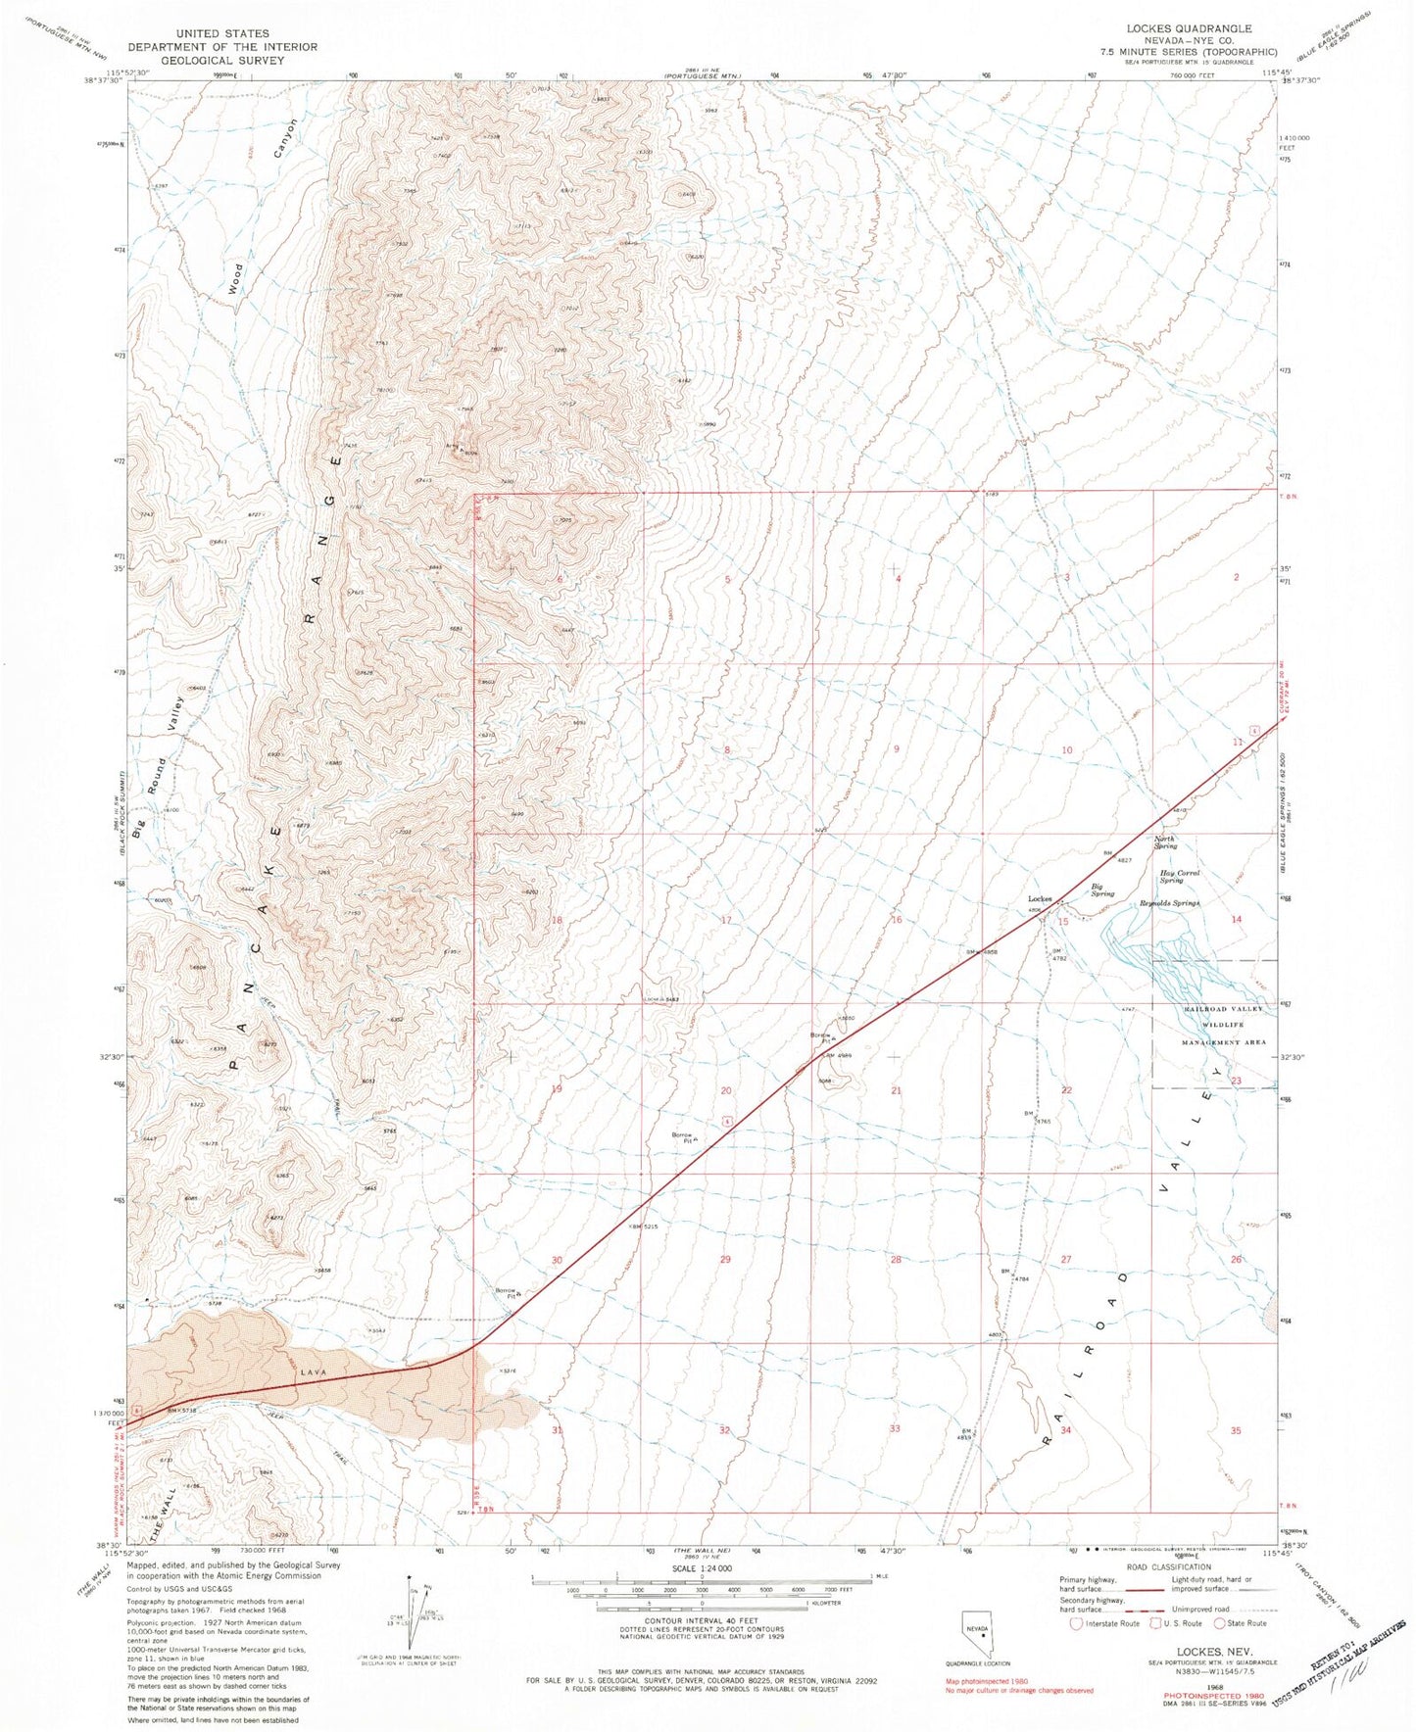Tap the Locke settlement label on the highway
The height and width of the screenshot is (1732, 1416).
(1039, 898)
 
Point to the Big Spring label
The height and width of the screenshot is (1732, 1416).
(1103, 890)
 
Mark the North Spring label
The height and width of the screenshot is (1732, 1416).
(1164, 842)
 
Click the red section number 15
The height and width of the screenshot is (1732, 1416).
(1063, 921)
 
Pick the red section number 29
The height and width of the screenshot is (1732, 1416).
(725, 1260)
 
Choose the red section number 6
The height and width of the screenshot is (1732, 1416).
(560, 580)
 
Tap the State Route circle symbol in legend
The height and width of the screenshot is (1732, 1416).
(1220, 1623)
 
